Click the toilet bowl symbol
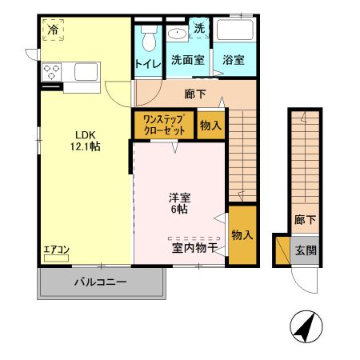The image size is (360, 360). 149,38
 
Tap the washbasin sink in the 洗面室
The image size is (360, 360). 177,34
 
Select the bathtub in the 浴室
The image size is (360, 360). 234,30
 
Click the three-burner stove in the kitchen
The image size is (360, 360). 51,72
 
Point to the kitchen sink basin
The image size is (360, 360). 86,71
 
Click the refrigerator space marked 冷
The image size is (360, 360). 53,30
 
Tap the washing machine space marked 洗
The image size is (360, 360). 199,28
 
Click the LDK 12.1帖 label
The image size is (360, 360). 86,141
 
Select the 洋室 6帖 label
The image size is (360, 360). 179,203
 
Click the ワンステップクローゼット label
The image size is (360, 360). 164,125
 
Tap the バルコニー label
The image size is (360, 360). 100,282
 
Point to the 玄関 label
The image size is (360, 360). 306,250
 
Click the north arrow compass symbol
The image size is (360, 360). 306,326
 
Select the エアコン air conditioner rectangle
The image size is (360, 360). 56,258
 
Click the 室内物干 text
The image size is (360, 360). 194,248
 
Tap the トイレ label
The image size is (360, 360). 148,64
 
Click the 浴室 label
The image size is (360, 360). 234,60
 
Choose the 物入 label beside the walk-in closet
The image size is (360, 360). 210,126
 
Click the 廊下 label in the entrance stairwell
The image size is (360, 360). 305,220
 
